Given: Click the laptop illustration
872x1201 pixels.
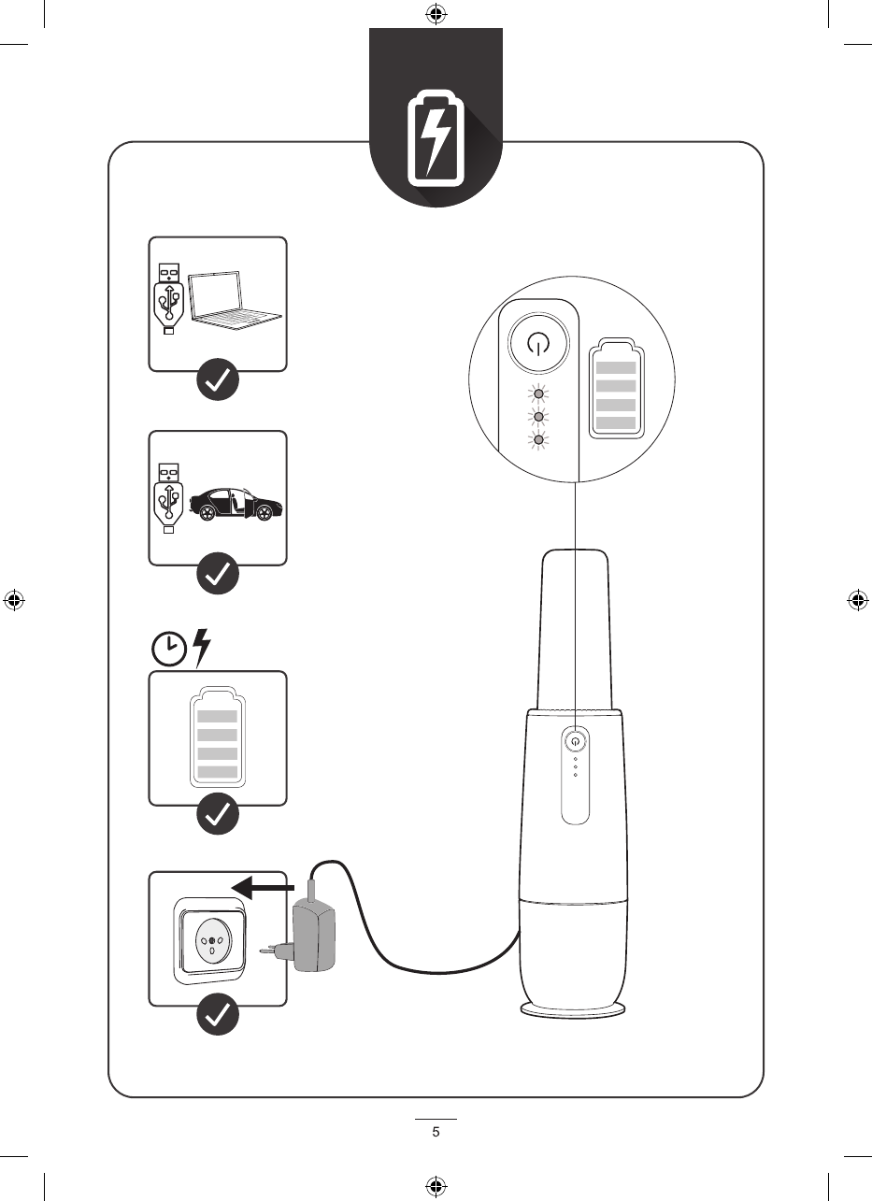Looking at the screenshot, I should [235, 300].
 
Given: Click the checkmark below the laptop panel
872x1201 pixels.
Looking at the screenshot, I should [218, 381].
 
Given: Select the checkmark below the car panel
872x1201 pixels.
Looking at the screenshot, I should [218, 575].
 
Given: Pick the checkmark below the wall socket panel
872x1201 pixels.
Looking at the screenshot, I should [218, 1016].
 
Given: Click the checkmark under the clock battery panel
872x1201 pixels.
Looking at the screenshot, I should [218, 814].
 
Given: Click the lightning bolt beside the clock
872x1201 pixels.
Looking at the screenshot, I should [201, 648].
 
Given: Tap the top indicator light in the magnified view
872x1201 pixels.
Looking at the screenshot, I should [536, 393].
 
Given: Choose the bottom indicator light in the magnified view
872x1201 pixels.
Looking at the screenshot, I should [536, 439].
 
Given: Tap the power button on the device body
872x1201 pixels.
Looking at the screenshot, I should [576, 739].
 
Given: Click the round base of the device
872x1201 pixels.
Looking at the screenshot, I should [574, 1012].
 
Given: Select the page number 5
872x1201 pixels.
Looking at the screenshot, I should [436, 1133].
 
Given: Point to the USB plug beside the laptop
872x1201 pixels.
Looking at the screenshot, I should [168, 298].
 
